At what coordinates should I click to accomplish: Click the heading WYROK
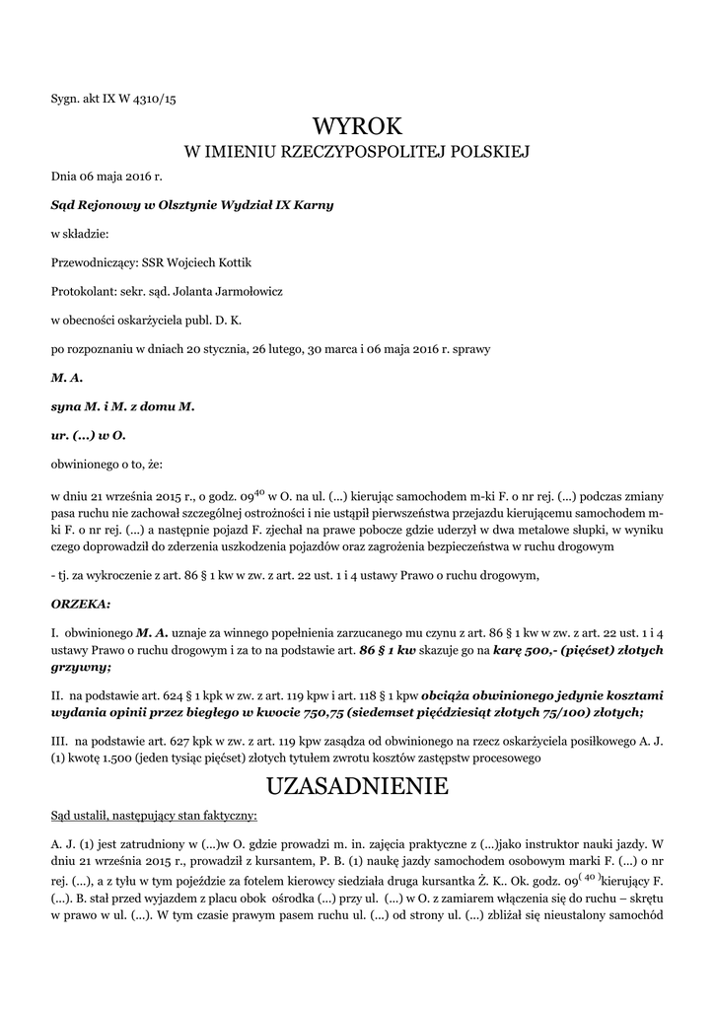pos(357,126)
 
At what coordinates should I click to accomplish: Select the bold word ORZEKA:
pos(81,602)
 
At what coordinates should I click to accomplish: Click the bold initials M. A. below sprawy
pos(67,377)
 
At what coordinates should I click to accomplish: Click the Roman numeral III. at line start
pos(59,740)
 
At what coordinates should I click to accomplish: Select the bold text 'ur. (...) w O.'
pos(89,434)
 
